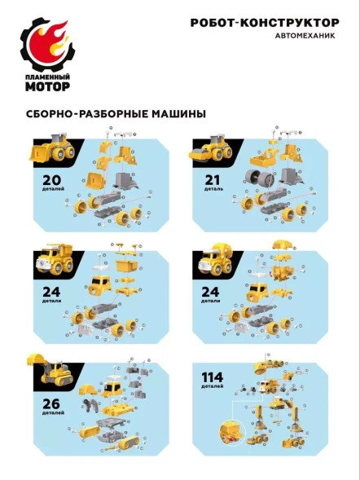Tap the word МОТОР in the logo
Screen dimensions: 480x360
[x=50, y=86]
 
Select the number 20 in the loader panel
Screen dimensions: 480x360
[x=41, y=181]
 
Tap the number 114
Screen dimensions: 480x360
[x=211, y=378]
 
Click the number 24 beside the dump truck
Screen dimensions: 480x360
[x=41, y=292]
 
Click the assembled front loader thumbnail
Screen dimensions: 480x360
[x=54, y=151]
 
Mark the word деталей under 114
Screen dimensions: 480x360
[x=211, y=387]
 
